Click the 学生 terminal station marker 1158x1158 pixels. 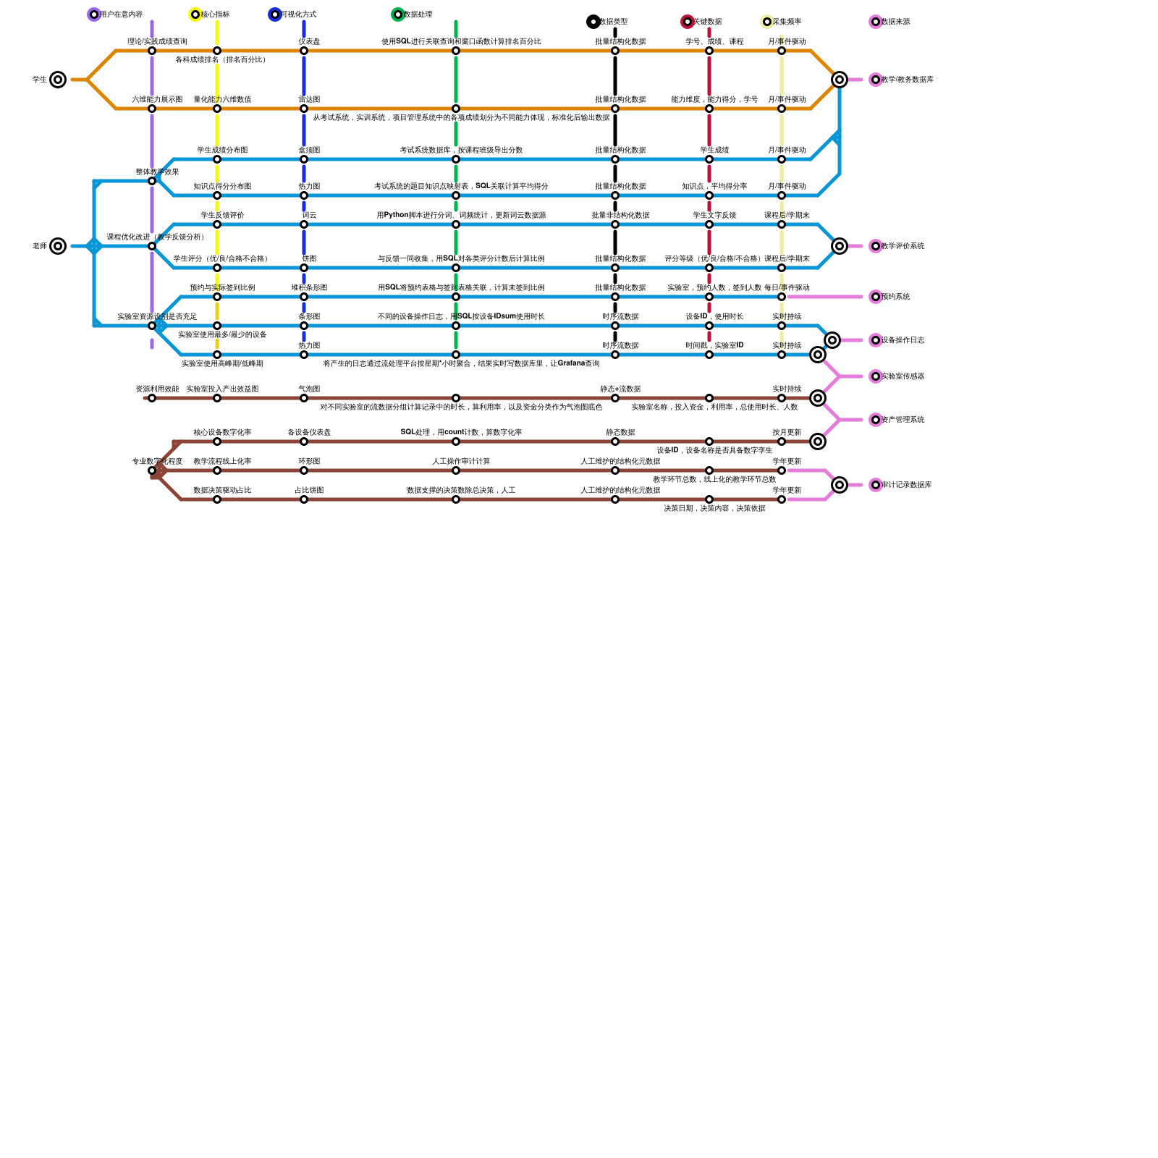pyautogui.click(x=58, y=80)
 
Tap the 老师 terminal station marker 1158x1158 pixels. pyautogui.click(x=58, y=246)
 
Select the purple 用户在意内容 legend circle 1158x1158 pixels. pyautogui.click(x=94, y=14)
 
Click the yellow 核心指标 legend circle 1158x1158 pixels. pyautogui.click(x=195, y=14)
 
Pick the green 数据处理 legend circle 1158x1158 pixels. pyautogui.click(x=398, y=14)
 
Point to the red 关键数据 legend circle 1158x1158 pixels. pyautogui.click(x=688, y=22)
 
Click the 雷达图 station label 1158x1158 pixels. pyautogui.click(x=309, y=100)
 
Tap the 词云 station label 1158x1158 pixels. pyautogui.click(x=309, y=216)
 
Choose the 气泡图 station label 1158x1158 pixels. pyautogui.click(x=309, y=389)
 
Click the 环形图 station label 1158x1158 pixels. pyautogui.click(x=309, y=462)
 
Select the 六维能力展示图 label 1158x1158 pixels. pyautogui.click(x=157, y=100)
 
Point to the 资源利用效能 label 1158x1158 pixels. pyautogui.click(x=157, y=389)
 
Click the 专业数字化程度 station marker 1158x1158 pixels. pyautogui.click(x=152, y=470)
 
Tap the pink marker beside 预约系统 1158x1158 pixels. pyautogui.click(x=876, y=297)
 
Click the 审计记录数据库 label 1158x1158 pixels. pyautogui.click(x=906, y=485)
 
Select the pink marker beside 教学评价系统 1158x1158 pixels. pyautogui.click(x=876, y=246)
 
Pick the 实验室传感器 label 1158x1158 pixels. pyautogui.click(x=903, y=376)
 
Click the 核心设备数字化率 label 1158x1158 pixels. pyautogui.click(x=222, y=433)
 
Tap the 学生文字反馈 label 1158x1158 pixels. pyautogui.click(x=714, y=216)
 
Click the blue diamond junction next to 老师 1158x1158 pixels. pyautogui.click(x=94, y=246)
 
